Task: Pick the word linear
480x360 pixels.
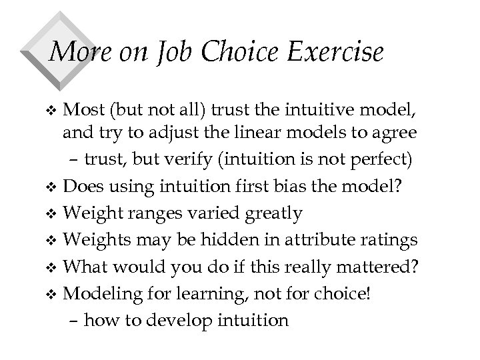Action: coord(267,133)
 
